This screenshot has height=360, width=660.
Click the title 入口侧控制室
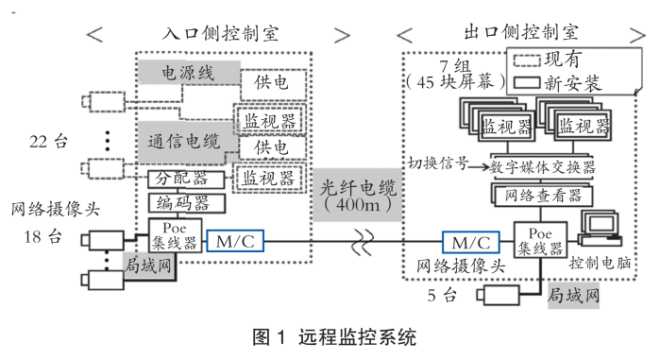point(220,33)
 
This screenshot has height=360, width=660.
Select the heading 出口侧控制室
point(521,32)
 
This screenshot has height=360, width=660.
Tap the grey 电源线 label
point(189,73)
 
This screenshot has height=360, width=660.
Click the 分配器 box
point(186,180)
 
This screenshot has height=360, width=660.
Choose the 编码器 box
point(186,203)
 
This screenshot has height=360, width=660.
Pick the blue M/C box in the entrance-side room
point(235,241)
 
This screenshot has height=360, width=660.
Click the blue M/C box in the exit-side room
point(471,243)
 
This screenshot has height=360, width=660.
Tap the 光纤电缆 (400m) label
point(357,195)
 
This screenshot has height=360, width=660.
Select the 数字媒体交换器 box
point(542,167)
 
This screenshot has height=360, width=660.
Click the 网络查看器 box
point(543,196)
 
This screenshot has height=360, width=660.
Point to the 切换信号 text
point(438,163)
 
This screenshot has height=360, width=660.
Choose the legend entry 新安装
point(558,83)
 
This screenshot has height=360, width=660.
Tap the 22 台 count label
point(48,142)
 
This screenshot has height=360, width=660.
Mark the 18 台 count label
point(42,236)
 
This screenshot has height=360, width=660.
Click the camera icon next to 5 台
point(499,295)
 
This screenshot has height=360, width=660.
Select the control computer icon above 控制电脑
point(600,228)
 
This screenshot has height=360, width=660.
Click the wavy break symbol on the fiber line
point(363,243)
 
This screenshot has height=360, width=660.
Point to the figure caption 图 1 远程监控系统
point(334,337)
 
